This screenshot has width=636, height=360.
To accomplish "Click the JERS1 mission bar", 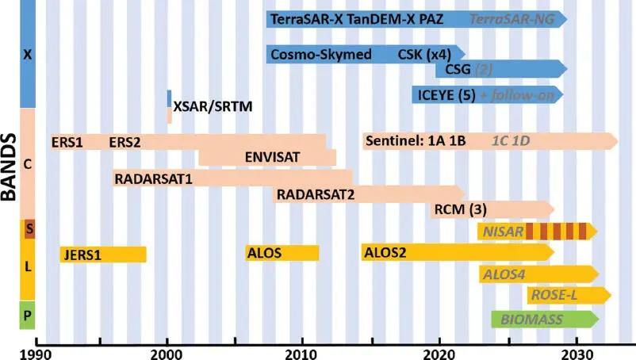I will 103,255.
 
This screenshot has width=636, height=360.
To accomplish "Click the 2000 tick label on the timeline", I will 167,351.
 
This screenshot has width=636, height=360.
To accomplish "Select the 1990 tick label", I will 32,351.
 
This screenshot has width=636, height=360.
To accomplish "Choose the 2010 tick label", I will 303,351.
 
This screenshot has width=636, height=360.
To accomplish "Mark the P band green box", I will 28,316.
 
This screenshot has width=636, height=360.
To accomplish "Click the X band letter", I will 28,56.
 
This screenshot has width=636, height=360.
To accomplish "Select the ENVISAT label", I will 273,157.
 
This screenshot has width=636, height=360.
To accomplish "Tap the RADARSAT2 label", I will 316,194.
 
